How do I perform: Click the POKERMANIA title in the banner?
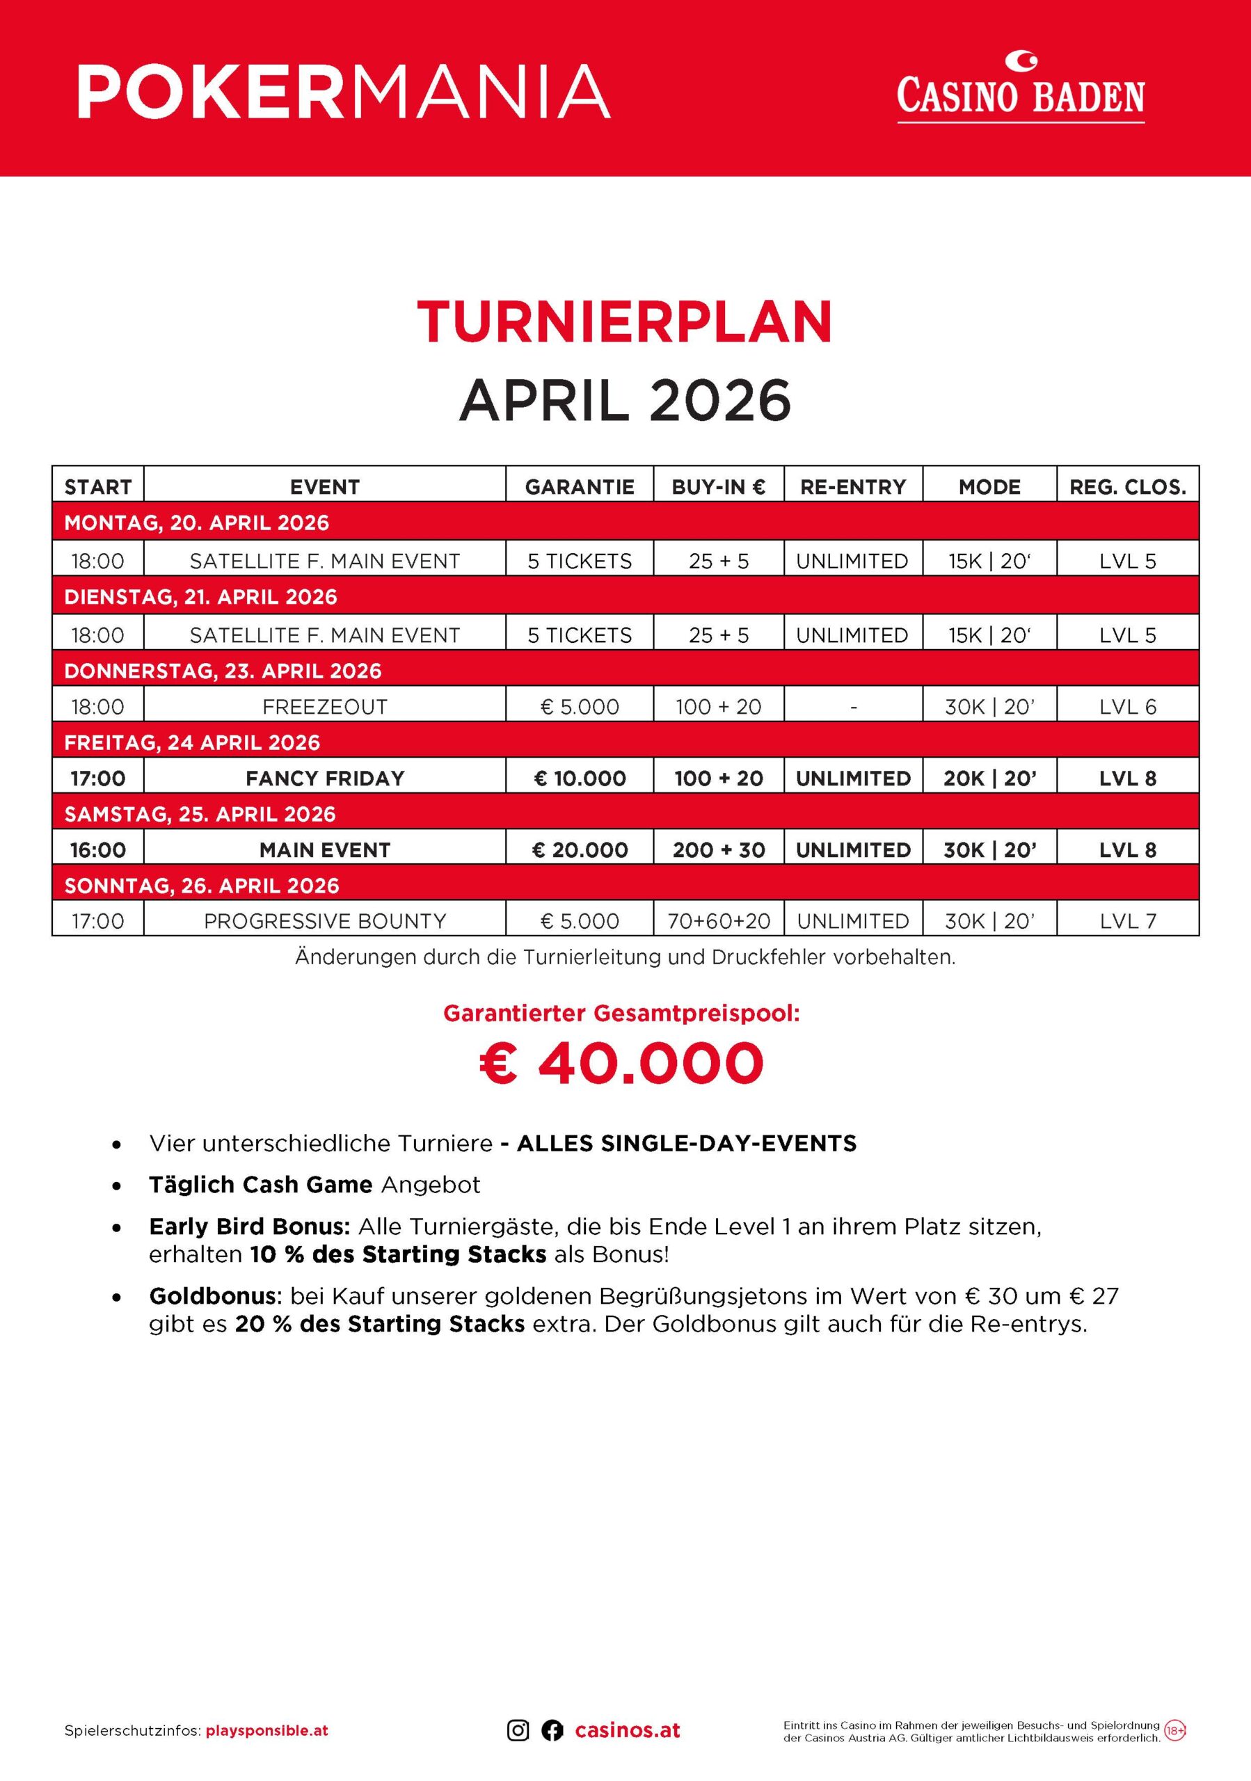pos(344,92)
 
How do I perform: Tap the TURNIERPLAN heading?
pos(624,322)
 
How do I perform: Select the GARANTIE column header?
pos(580,487)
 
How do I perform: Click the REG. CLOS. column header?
pos(1128,487)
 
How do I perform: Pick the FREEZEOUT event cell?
pos(324,707)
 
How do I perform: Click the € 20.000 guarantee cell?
pos(580,850)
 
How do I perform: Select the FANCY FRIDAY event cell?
pos(324,778)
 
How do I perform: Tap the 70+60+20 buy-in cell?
pos(719,922)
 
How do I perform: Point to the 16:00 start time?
pos(97,850)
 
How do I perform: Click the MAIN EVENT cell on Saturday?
pos(324,850)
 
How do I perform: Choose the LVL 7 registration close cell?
pos(1128,922)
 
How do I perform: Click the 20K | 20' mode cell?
pos(989,778)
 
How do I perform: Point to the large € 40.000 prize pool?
pos(622,1064)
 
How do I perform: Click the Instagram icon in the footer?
pos(518,1731)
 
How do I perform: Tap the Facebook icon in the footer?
pos(552,1731)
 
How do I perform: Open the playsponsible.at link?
pos(266,1731)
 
